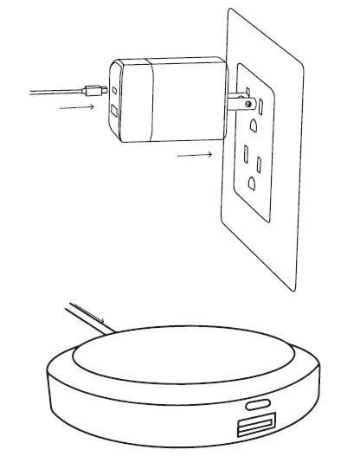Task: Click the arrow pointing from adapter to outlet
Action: click(x=192, y=156)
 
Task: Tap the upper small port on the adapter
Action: click(x=114, y=89)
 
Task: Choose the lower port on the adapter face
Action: click(x=115, y=112)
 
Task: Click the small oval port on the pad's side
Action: click(x=257, y=404)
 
